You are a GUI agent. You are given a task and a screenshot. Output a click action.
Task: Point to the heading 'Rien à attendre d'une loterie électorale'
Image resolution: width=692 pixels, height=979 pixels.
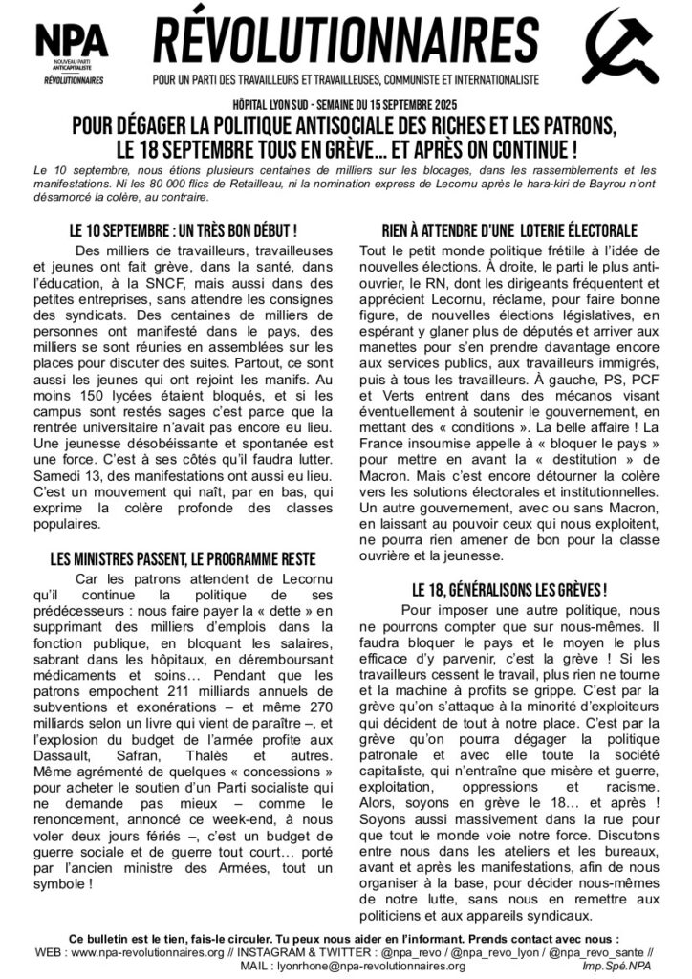tap(509, 231)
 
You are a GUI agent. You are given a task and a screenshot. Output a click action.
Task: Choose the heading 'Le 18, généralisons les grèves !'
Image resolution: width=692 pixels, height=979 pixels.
tap(509, 589)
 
